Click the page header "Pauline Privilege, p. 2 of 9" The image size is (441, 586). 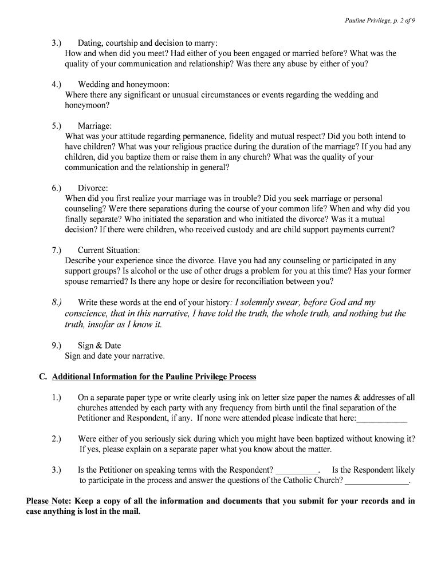click(380, 21)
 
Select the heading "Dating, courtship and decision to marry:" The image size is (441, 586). click(148, 43)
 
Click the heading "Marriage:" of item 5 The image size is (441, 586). click(95, 126)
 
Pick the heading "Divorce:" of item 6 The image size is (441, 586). click(93, 188)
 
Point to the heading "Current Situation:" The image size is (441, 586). click(109, 251)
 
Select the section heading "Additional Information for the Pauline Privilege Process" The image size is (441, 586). click(154, 377)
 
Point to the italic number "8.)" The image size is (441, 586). click(56, 302)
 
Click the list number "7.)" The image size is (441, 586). click(56, 251)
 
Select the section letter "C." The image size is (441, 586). click(42, 377)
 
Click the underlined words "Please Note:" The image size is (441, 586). click(49, 501)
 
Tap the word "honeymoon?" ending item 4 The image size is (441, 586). click(87, 105)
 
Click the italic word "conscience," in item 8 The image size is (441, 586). click(86, 314)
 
